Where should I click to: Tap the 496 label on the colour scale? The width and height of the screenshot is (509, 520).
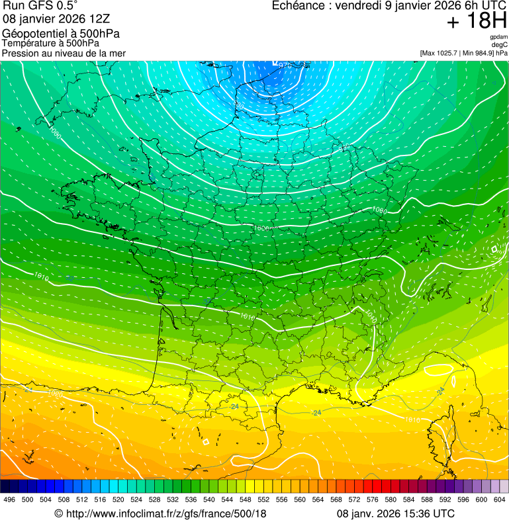click(x=9, y=499)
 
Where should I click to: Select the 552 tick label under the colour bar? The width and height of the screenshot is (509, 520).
click(x=263, y=499)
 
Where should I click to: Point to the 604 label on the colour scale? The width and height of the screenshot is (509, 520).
click(x=500, y=499)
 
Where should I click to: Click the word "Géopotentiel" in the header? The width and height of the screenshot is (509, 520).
click(x=33, y=34)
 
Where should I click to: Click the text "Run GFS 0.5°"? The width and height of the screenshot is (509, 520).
click(x=40, y=6)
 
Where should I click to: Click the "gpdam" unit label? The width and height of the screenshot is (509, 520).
click(x=498, y=37)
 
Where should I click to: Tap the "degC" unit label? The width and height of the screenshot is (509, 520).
click(x=500, y=45)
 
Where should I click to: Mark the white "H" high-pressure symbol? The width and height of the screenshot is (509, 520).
click(x=494, y=249)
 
